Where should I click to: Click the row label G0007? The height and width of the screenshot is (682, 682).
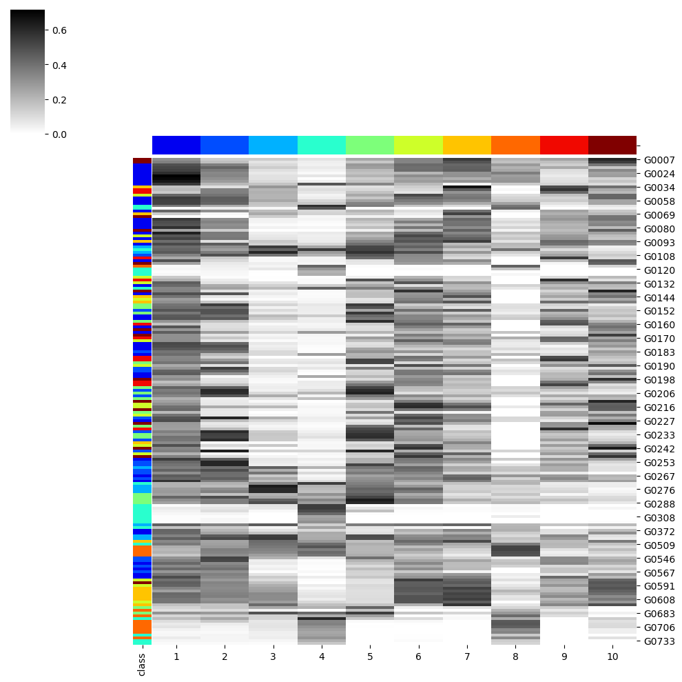[659, 160]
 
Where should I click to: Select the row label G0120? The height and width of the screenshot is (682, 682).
[659, 270]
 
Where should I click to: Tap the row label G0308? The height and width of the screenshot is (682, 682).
[659, 518]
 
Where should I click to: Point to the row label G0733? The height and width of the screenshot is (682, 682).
[659, 641]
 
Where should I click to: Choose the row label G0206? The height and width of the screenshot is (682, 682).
[659, 394]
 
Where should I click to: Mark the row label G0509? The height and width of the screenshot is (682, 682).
[659, 545]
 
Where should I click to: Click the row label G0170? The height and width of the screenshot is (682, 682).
[659, 339]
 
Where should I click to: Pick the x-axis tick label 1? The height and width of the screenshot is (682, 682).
[176, 657]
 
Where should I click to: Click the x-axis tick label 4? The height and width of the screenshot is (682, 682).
[322, 657]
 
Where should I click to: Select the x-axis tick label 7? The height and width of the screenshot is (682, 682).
[467, 657]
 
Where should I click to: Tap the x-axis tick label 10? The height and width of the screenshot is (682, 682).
[612, 657]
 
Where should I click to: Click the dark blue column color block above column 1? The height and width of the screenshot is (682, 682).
[176, 145]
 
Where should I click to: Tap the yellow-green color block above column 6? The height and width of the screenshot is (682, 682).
[418, 145]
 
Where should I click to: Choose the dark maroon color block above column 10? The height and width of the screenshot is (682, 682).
[612, 145]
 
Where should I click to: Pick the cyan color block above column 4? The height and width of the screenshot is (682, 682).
[322, 145]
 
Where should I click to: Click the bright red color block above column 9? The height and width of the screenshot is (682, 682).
[564, 145]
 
